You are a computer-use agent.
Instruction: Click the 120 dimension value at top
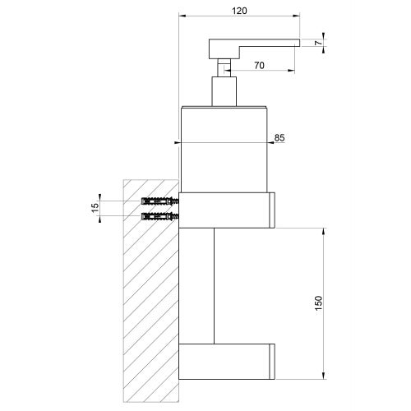pos(239,10)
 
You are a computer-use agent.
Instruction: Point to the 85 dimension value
pos(279,138)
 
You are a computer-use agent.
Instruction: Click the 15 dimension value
pos(95,209)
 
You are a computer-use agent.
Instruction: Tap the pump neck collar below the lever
pos(224,91)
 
